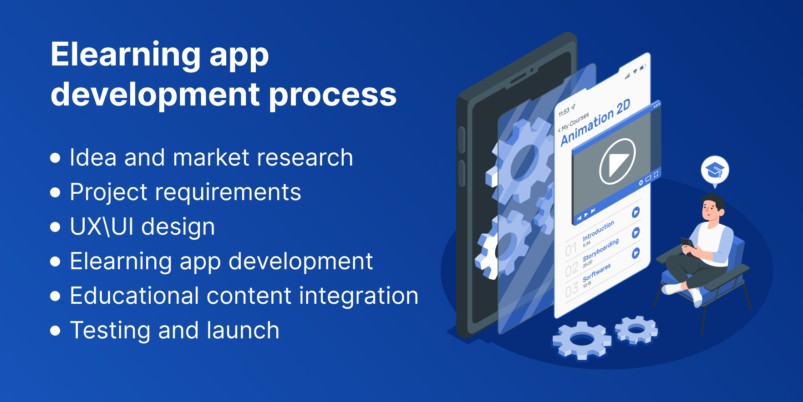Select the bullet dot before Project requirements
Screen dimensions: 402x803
[x=55, y=192]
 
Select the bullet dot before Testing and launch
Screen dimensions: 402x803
[x=55, y=331]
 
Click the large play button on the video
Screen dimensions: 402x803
[x=617, y=161]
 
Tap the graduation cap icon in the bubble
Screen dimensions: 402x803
[x=715, y=170]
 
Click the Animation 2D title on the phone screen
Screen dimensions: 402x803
[x=595, y=122]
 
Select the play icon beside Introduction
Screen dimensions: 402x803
[x=636, y=212]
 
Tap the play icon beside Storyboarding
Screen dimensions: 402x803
[x=636, y=232]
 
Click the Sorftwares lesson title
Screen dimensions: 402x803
[x=596, y=272]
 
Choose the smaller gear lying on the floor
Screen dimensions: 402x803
[x=636, y=329]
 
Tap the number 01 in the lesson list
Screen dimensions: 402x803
[x=571, y=250]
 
